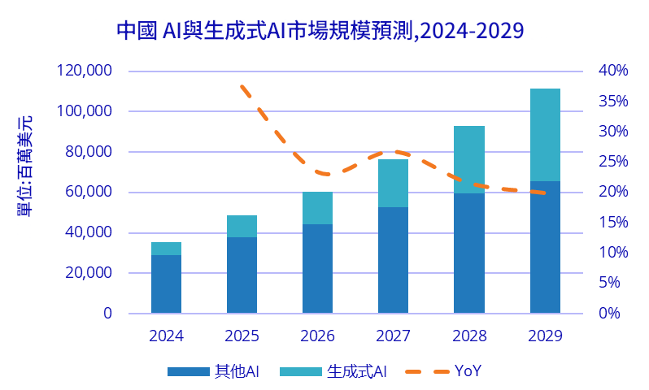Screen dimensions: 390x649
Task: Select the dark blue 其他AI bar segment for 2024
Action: (166, 284)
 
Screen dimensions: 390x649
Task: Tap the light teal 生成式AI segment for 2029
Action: (545, 135)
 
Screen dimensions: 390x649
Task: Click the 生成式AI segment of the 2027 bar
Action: (393, 183)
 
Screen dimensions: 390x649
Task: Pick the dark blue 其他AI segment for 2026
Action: (317, 269)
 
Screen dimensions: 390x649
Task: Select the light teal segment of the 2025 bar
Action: (242, 226)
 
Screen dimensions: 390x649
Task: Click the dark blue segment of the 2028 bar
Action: (468, 253)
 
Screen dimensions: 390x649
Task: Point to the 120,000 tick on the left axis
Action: (85, 71)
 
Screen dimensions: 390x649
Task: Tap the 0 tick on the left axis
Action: (107, 314)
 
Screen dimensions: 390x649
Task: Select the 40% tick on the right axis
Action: (613, 71)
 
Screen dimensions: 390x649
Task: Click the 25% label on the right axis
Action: (613, 162)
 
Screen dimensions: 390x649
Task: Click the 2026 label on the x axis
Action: (317, 336)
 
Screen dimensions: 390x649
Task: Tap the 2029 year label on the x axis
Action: (545, 336)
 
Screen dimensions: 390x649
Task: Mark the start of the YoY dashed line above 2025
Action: (242, 85)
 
